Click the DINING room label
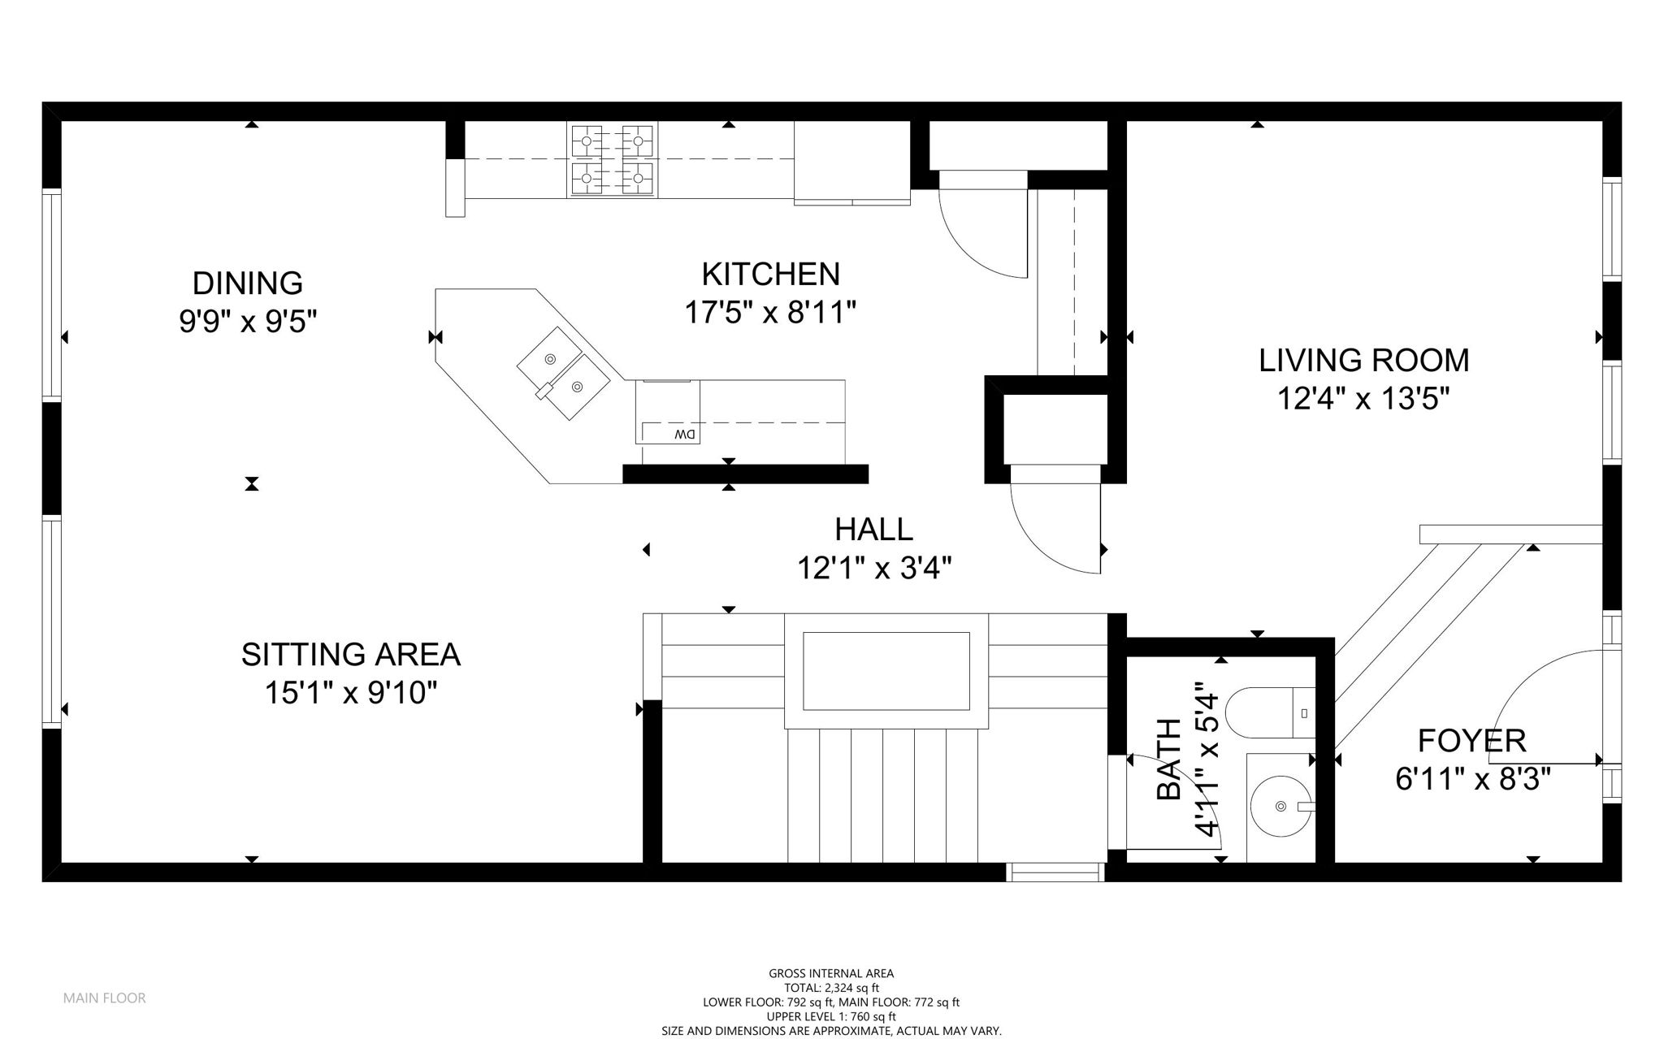click(247, 284)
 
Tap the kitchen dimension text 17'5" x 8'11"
click(769, 312)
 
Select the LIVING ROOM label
click(1363, 360)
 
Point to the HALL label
click(873, 530)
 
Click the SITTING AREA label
click(350, 655)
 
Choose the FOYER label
click(1471, 741)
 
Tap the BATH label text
click(1169, 759)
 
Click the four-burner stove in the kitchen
click(613, 160)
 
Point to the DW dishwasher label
click(684, 435)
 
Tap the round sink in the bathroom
click(1281, 806)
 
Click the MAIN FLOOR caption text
click(104, 998)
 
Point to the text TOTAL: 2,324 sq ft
click(831, 988)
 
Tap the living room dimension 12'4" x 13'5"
click(1363, 399)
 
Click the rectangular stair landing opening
click(886, 671)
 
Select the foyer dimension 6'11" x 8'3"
click(1472, 780)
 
